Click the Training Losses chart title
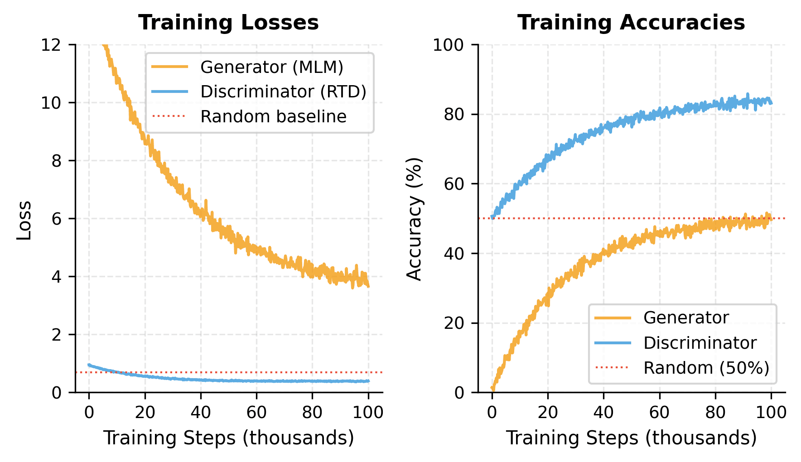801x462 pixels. [228, 23]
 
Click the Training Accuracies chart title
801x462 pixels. [631, 23]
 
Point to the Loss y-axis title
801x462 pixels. [24, 220]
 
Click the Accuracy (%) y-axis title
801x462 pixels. [414, 219]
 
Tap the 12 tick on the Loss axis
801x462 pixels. [51, 45]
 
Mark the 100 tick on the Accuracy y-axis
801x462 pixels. [448, 45]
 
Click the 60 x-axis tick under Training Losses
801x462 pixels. [256, 413]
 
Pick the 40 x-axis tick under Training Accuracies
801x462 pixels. [603, 413]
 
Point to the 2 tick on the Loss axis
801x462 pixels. [56, 335]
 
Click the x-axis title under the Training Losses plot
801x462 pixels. [228, 438]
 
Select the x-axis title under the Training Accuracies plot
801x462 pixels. [631, 438]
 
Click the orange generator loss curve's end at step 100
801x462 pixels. [368, 286]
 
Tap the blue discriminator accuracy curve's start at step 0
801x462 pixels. [492, 218]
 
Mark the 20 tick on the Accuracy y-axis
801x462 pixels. [453, 323]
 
